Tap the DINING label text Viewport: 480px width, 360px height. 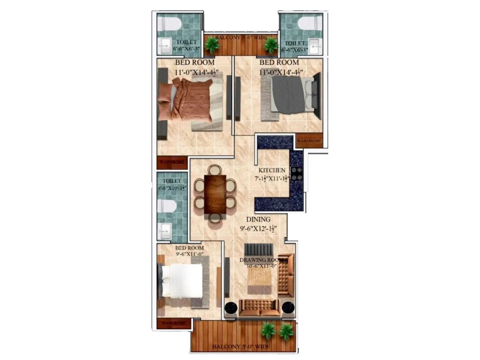pyautogui.click(x=258, y=219)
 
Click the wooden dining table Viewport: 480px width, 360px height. pyautogui.click(x=215, y=194)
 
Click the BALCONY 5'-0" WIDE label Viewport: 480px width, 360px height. pyautogui.click(x=241, y=347)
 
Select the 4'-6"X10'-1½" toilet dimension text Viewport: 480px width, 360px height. pyautogui.click(x=172, y=188)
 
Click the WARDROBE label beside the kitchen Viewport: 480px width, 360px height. pyautogui.click(x=309, y=140)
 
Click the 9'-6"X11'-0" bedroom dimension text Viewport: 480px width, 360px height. pyautogui.click(x=190, y=254)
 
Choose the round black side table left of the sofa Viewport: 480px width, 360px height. pyautogui.click(x=231, y=308)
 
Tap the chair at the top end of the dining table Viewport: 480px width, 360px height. pyautogui.click(x=215, y=169)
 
